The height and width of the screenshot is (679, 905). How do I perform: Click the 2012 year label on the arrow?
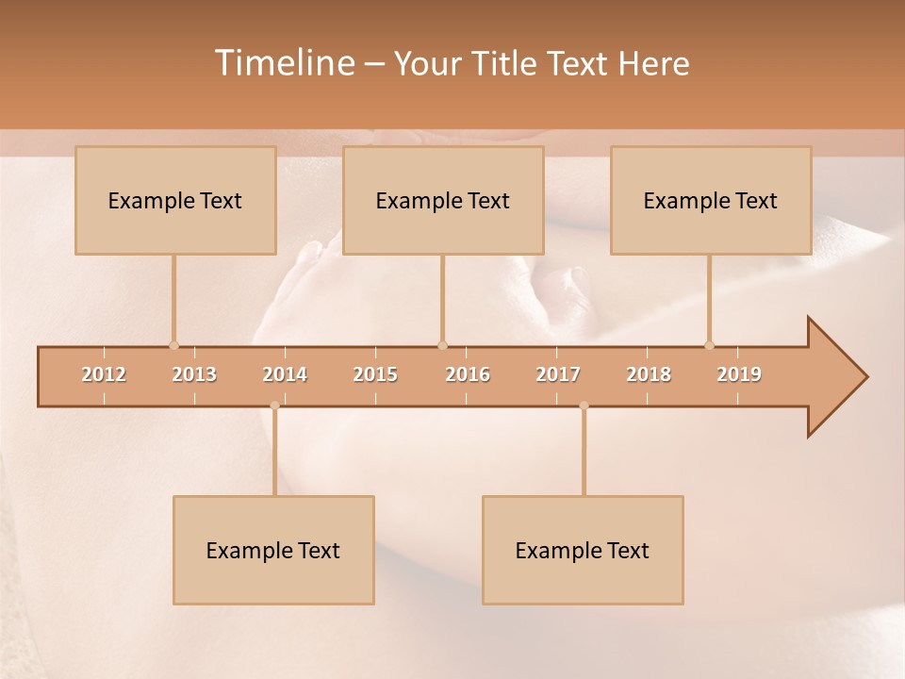click(x=104, y=374)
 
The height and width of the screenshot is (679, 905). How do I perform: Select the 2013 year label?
click(x=194, y=374)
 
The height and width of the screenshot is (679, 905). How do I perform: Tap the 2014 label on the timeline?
click(x=285, y=374)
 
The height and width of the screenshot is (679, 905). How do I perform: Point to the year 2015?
click(x=375, y=374)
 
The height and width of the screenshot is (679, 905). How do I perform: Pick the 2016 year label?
click(x=468, y=374)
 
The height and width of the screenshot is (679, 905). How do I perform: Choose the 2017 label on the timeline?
click(x=558, y=374)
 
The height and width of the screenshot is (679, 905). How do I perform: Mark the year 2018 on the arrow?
click(x=649, y=374)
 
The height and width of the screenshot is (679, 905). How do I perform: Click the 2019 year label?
click(x=739, y=374)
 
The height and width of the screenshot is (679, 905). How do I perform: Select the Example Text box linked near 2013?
click(x=175, y=200)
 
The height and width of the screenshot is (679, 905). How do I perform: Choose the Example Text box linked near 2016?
click(x=443, y=200)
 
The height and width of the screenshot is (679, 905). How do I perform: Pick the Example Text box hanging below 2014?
click(x=273, y=550)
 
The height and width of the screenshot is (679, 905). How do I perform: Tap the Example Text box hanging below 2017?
click(x=583, y=550)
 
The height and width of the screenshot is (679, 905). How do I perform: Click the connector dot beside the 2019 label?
click(x=710, y=345)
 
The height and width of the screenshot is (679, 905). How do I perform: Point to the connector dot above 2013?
click(x=173, y=345)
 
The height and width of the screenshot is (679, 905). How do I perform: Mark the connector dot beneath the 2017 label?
click(x=584, y=406)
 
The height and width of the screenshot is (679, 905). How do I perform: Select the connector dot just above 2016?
click(x=442, y=345)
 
